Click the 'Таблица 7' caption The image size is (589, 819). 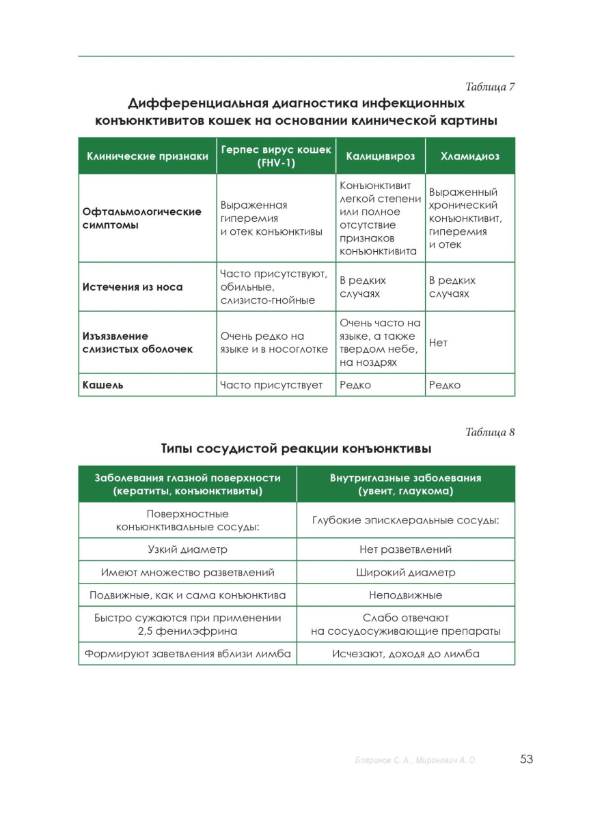489,87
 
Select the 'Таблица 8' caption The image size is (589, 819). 489,432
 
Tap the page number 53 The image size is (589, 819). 526,759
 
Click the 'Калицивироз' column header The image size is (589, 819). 381,156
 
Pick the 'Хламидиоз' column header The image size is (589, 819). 470,156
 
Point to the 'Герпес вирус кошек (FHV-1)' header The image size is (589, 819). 276,156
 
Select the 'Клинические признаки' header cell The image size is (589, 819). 148,156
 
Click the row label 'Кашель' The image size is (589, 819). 103,385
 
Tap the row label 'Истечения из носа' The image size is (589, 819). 133,287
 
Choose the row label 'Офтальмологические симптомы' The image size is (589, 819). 142,218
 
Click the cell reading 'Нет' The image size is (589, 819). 438,343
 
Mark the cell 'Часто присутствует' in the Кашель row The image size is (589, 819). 271,385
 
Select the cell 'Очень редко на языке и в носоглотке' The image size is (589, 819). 274,343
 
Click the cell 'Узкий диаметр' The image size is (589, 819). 187,549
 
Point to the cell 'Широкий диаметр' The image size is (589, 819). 405,573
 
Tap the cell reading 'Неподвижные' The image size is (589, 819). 405,595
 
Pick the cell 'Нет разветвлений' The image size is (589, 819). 405,549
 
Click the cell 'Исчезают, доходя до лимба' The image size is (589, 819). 405,654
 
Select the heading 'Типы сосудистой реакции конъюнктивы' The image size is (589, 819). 296,449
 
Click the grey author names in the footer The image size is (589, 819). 416,760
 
